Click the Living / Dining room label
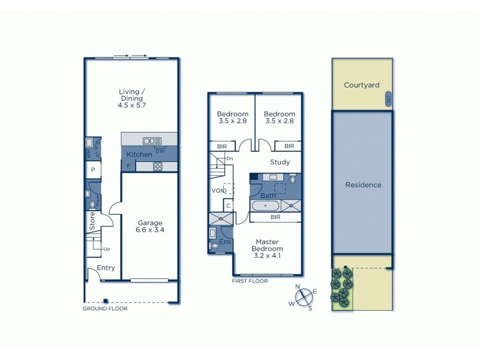[x=131, y=98]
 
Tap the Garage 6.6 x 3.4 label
[x=150, y=227]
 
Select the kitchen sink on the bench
[x=148, y=141]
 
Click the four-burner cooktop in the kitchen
[x=158, y=167]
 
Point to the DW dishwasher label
[x=160, y=151]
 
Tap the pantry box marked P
[x=93, y=170]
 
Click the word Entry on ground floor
[x=106, y=268]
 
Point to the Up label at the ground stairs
[x=106, y=248]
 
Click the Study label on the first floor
[x=280, y=162]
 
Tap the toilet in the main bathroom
[x=292, y=179]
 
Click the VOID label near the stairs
[x=219, y=191]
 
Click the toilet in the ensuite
[x=215, y=245]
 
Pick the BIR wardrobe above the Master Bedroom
[x=275, y=217]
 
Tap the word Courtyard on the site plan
[x=361, y=85]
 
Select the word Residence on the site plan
[x=363, y=185]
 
